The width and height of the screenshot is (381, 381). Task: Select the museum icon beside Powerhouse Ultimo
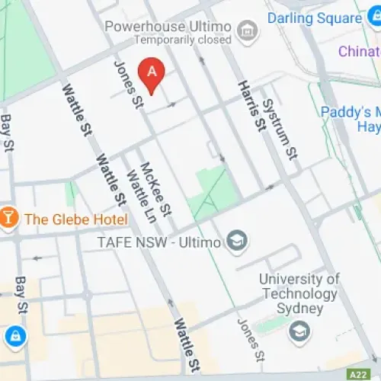246,30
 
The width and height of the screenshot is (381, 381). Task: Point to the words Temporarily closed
182,39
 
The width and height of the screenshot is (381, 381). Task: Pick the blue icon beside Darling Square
276,18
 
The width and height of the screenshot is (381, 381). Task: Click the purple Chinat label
359,51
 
